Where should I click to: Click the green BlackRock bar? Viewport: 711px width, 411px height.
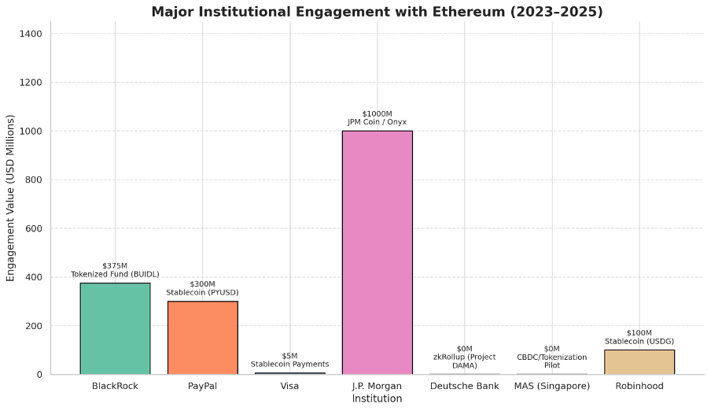(115, 328)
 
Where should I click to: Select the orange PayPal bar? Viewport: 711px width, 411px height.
(202, 337)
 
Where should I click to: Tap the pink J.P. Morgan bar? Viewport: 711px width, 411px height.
(377, 252)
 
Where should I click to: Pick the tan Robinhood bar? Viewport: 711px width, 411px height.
(639, 361)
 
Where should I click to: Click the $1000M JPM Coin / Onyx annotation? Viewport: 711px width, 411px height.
(377, 118)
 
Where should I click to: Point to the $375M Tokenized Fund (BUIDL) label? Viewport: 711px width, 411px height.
(115, 270)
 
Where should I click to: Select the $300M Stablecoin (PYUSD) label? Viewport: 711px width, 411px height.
(202, 288)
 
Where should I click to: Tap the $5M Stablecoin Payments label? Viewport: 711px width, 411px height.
(289, 361)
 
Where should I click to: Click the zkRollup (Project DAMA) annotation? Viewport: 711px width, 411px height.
(464, 361)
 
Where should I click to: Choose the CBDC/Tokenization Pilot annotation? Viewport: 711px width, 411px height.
(551, 361)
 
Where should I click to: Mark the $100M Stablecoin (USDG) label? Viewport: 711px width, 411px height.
(639, 337)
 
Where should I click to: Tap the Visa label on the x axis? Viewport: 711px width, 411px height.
(289, 386)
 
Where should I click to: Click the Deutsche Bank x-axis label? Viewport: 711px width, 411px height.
(464, 386)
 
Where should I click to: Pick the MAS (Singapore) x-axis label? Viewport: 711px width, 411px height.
(551, 386)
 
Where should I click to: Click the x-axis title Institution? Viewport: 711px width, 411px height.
(377, 399)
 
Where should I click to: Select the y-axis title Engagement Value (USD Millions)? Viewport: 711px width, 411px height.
(11, 198)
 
